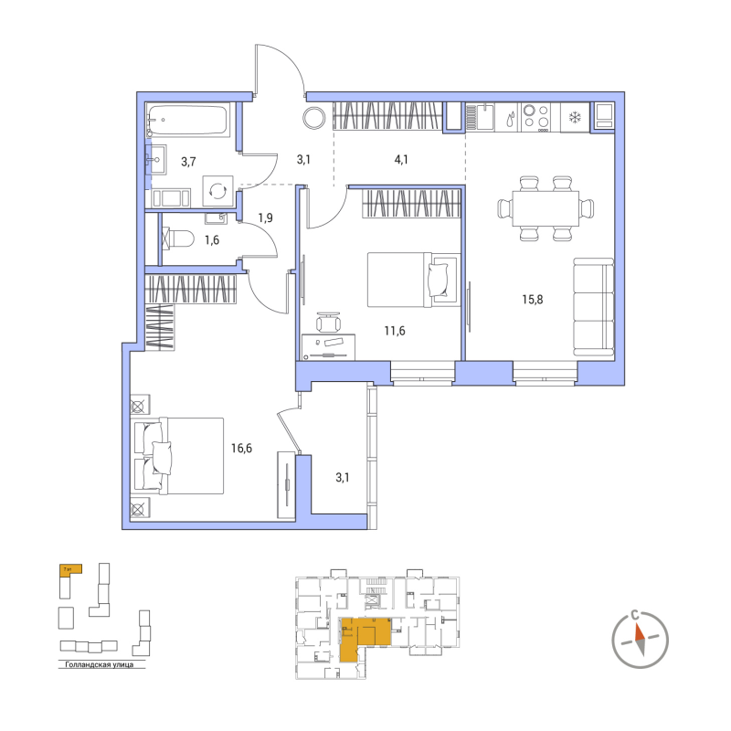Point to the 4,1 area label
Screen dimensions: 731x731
401,159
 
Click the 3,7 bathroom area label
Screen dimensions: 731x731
187,162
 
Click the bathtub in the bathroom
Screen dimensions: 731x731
190,120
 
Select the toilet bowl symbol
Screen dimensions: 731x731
179,240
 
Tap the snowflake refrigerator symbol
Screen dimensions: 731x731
576,117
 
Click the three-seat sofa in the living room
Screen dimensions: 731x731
593,307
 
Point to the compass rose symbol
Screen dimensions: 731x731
643,636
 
